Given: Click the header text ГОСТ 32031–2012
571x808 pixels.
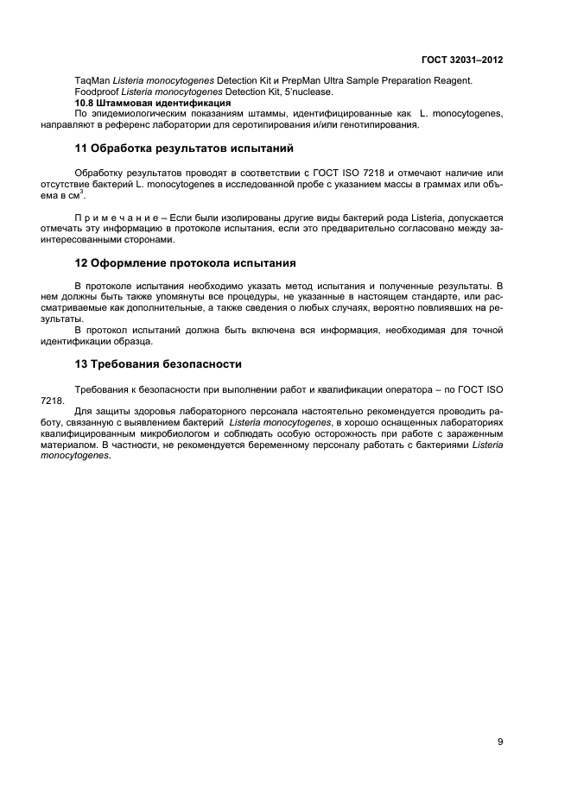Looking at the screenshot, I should click(x=461, y=60).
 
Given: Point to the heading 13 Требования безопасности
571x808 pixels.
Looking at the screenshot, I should click(x=158, y=364).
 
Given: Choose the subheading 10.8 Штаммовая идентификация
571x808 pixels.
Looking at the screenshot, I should click(x=152, y=103).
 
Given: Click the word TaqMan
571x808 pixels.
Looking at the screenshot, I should click(x=92, y=80).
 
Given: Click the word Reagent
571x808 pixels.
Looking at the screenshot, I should click(x=450, y=80).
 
